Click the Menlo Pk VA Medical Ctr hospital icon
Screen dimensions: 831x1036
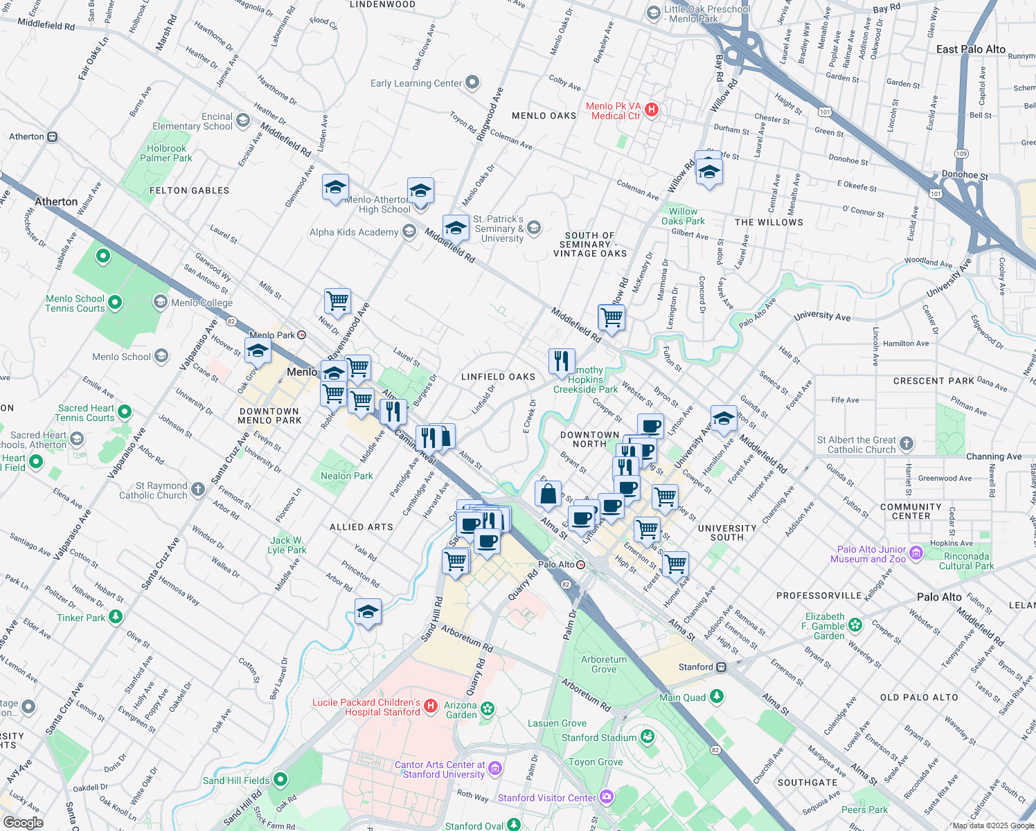coord(652,110)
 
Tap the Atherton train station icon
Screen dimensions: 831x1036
coord(53,137)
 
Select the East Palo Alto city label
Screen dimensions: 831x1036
coord(970,49)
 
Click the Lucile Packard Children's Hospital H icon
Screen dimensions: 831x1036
coord(431,706)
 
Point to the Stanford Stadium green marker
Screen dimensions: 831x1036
coord(647,737)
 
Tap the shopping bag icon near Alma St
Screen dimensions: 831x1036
coord(548,494)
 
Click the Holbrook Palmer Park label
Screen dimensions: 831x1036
coord(166,153)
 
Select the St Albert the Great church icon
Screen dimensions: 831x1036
coord(906,444)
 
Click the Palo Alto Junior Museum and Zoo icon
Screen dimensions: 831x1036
coord(916,553)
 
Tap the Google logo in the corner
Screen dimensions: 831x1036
coord(23,822)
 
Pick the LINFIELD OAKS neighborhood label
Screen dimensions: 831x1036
coord(498,377)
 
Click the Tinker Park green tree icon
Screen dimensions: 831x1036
coord(116,616)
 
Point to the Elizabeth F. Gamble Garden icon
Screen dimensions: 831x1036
coord(855,625)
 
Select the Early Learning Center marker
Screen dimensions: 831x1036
coord(472,83)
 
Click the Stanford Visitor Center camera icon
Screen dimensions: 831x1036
coord(607,797)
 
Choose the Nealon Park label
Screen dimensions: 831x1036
coord(346,476)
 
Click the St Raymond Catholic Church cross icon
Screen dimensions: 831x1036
coord(198,490)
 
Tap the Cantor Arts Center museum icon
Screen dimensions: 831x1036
coord(494,769)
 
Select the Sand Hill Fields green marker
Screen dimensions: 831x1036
coord(280,780)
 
